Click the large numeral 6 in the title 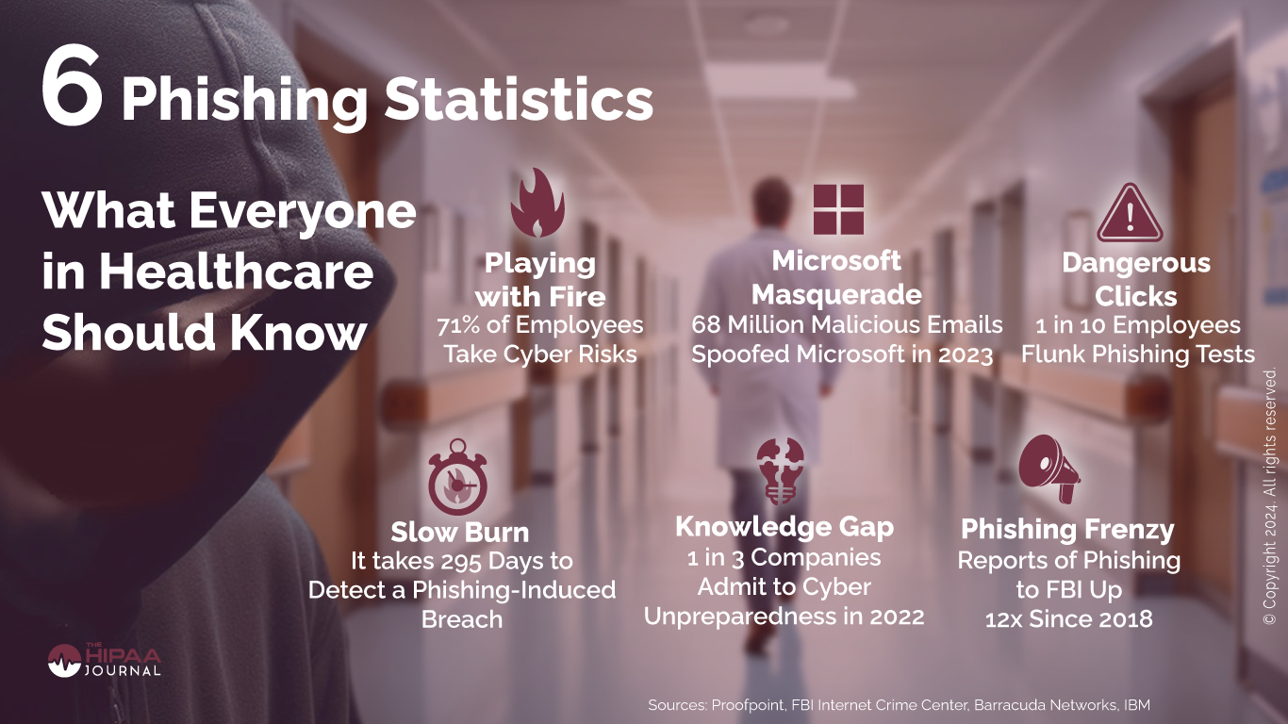tap(73, 87)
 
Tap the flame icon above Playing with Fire tap(537, 203)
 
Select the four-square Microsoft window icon tap(838, 209)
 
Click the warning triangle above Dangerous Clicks tap(1130, 213)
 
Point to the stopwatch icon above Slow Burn tap(457, 477)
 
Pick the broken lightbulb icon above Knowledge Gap tap(781, 471)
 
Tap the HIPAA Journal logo tap(104, 660)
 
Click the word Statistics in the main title tap(519, 100)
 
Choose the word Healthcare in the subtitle tap(237, 272)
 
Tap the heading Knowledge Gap tap(784, 527)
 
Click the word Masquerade tap(836, 295)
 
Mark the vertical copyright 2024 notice tap(1269, 496)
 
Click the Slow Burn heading tap(460, 532)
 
